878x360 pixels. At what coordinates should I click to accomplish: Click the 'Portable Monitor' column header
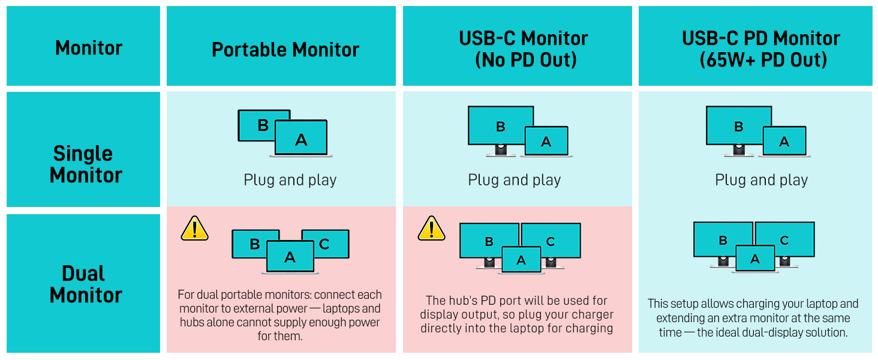tap(285, 49)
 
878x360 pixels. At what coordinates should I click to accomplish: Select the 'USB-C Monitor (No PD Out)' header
tap(523, 49)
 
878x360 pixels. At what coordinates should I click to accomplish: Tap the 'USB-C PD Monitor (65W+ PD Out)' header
tap(760, 49)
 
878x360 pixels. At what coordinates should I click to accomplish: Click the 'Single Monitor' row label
tap(85, 164)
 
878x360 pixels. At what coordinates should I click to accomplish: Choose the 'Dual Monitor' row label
tap(85, 284)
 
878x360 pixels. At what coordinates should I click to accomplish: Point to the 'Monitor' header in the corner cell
tap(88, 48)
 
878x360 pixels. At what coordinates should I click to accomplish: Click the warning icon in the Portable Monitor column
tap(194, 229)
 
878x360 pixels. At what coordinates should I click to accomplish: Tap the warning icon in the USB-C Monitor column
tap(431, 229)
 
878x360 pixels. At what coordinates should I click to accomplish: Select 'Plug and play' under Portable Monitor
tap(290, 180)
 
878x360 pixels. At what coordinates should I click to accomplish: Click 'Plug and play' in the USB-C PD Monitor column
tap(761, 180)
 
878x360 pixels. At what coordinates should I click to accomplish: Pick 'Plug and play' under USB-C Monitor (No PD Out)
tap(514, 180)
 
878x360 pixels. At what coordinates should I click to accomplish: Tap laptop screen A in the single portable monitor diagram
tap(301, 139)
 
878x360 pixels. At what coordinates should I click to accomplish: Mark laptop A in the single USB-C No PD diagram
tap(546, 142)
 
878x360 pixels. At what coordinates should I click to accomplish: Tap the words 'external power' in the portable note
tap(285, 309)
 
